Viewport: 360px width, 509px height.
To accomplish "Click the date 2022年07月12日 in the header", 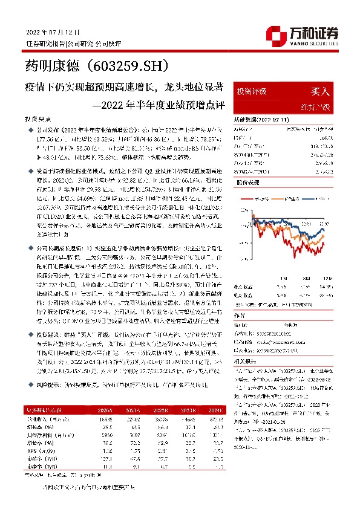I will [53, 31].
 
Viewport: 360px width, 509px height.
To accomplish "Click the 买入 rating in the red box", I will [320, 92].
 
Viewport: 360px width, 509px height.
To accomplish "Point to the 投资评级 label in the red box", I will [252, 92].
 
